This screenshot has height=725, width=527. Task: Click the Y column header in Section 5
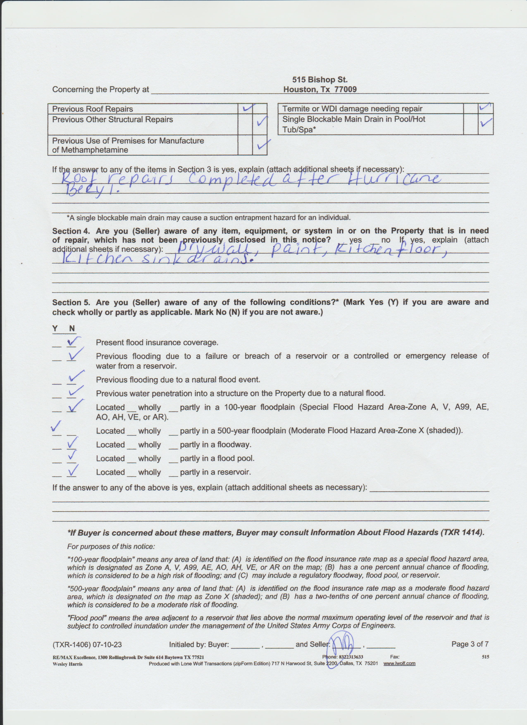[x=55, y=328]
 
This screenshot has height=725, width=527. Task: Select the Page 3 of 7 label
[x=470, y=644]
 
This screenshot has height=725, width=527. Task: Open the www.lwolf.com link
[x=399, y=663]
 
